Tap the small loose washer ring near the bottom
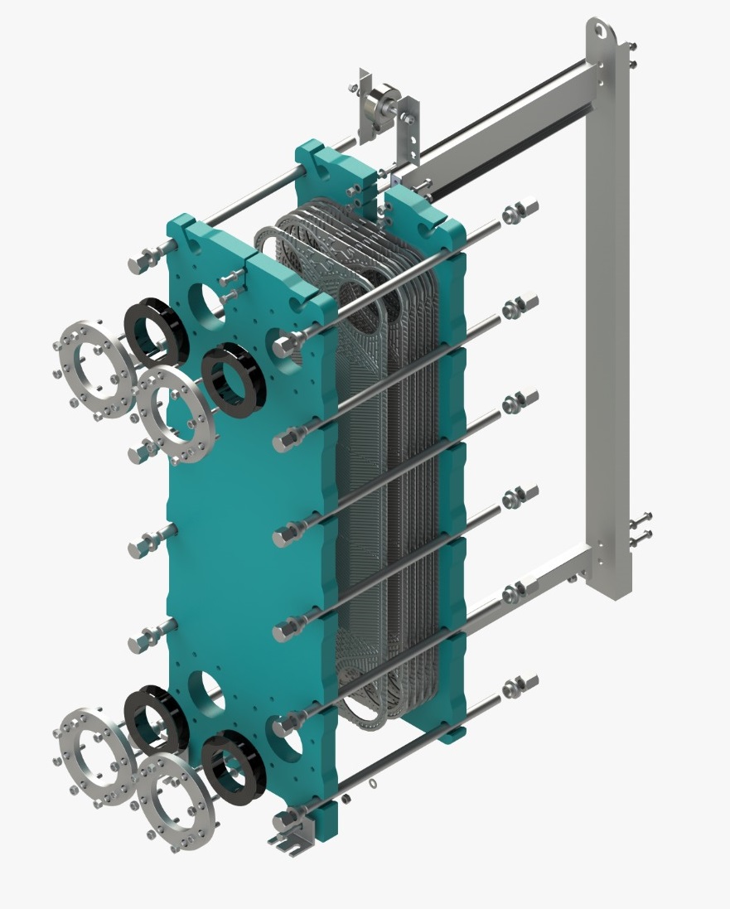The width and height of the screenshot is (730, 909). point(372,783)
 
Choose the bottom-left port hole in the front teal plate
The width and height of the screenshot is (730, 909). point(205,691)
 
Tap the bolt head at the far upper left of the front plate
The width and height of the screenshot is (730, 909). point(139,264)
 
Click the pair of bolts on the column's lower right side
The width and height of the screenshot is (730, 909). point(641,529)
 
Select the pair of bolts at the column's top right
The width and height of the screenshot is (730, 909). point(632,54)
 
